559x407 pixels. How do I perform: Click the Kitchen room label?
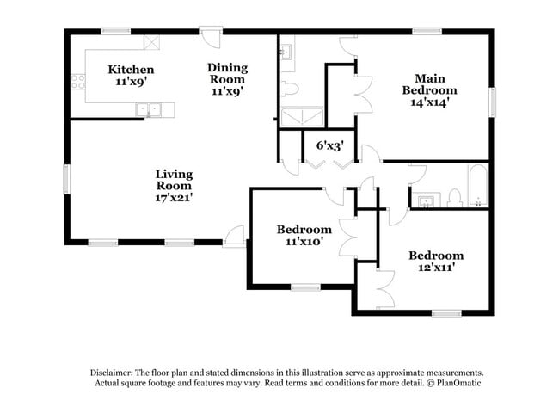pos(131,70)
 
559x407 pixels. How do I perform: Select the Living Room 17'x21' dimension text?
pos(174,197)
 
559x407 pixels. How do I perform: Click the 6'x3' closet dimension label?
pos(329,145)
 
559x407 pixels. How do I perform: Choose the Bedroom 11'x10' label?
pos(304,242)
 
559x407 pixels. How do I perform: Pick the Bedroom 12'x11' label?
pos(436,268)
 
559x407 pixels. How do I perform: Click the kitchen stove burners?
pos(77,83)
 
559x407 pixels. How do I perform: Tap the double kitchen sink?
pos(150,109)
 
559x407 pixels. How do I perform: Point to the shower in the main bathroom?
pos(300,116)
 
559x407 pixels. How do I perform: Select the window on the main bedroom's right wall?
pos(493,102)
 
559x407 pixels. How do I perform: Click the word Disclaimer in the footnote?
pos(114,372)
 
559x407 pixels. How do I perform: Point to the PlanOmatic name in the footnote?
pos(462,382)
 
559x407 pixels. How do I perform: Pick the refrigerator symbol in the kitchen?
pos(151,40)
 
